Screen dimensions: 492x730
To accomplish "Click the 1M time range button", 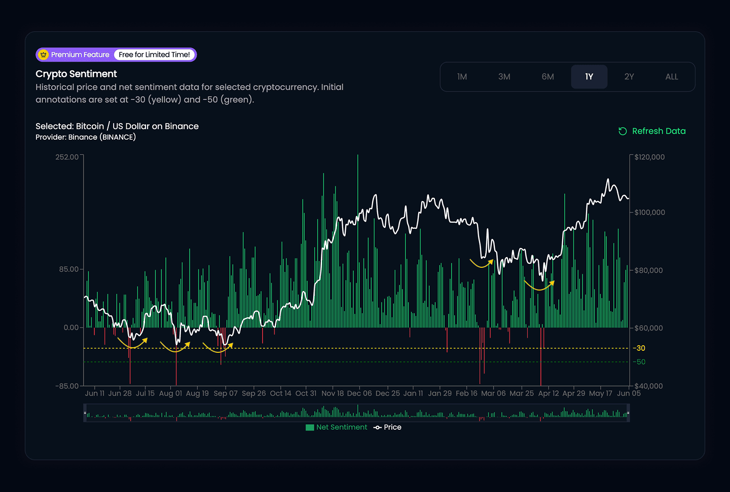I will click(x=462, y=77).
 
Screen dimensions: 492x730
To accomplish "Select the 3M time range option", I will click(x=504, y=77).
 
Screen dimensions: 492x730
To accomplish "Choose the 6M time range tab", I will click(x=547, y=77).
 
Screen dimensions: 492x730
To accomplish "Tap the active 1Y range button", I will click(x=589, y=77).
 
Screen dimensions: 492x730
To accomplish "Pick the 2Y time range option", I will click(x=629, y=77).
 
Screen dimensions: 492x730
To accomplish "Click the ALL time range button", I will click(x=671, y=77).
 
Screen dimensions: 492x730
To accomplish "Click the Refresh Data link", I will click(x=652, y=131).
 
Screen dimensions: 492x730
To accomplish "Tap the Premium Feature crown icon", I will click(x=44, y=55).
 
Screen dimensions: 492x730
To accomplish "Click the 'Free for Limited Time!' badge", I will click(x=154, y=55).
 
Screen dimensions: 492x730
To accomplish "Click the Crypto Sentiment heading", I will click(x=76, y=74).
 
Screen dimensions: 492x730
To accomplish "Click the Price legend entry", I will click(x=388, y=427).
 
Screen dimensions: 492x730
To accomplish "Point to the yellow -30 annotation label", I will click(x=639, y=348).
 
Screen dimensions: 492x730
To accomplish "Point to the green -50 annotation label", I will click(x=639, y=362).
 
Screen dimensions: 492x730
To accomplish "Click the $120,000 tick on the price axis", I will click(x=649, y=157).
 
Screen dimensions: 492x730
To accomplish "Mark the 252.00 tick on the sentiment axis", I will click(x=67, y=157).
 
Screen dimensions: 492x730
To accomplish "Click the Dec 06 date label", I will click(x=359, y=393).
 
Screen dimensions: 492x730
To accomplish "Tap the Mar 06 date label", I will click(x=493, y=393).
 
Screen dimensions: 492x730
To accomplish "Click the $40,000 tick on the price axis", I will click(x=648, y=386).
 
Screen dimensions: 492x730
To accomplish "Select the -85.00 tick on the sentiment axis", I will click(x=67, y=386).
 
